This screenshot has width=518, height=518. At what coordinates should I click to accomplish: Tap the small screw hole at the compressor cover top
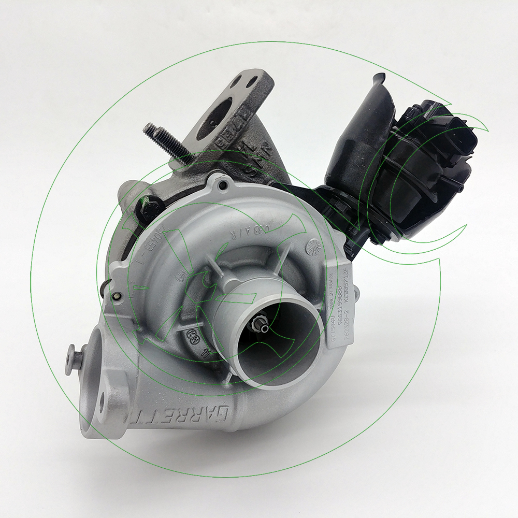[224, 185]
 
